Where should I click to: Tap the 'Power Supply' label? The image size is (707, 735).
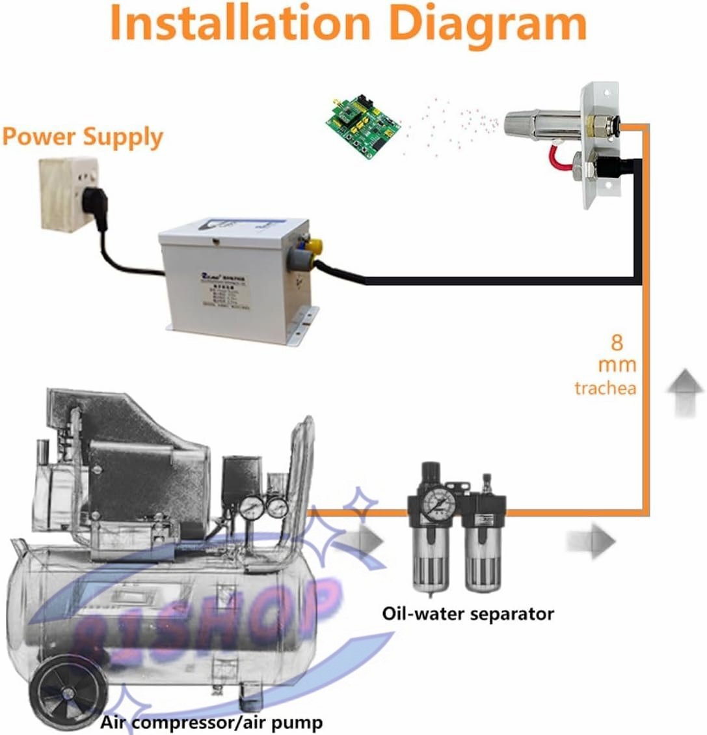pyautogui.click(x=82, y=137)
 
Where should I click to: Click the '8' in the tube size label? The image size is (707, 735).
pyautogui.click(x=617, y=341)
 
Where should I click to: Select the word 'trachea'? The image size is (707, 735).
pyautogui.click(x=605, y=389)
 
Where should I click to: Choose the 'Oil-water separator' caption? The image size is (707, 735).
pyautogui.click(x=468, y=613)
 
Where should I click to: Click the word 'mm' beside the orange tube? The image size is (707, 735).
pyautogui.click(x=617, y=365)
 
